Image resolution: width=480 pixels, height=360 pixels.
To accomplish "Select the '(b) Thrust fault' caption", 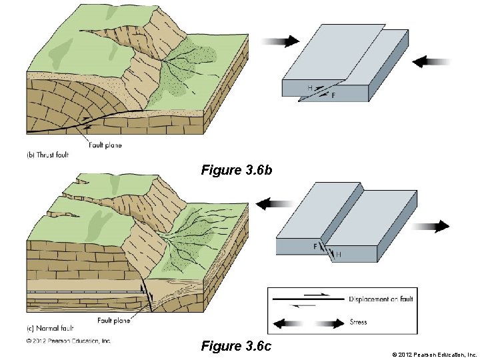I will coord(49,155).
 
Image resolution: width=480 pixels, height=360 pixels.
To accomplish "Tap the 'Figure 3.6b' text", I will coord(237,171).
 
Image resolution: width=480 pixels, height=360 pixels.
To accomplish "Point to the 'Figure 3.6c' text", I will coord(236,346).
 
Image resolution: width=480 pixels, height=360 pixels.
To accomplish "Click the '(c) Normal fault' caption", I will coord(50,329).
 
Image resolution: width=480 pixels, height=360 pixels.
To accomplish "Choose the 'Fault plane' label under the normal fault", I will coord(113,320).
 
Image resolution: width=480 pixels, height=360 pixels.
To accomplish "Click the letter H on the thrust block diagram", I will coord(310,88).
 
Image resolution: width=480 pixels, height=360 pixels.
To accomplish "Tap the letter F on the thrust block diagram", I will coord(333,96).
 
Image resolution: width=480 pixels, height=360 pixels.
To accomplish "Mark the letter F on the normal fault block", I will coord(315,247).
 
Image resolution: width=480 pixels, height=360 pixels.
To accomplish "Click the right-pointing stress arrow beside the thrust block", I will coord(281,41).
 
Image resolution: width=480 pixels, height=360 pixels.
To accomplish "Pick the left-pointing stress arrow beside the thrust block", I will coord(431,62).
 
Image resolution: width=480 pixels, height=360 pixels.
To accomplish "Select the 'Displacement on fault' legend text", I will coord(381,299).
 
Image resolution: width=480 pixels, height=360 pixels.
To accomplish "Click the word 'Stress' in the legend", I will coord(358,323).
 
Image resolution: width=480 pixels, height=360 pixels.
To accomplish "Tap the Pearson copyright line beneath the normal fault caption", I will coord(69,341).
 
